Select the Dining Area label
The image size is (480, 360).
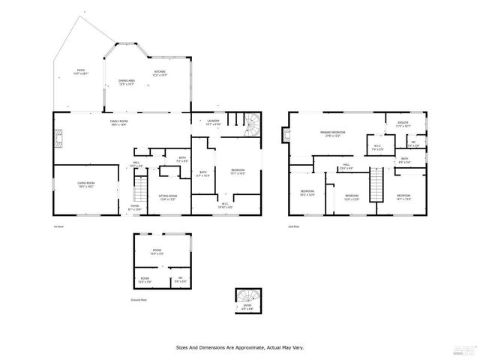pos(126,82)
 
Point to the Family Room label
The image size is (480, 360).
pos(120,123)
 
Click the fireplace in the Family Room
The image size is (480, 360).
pos(56,136)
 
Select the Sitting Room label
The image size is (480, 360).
pos(167,198)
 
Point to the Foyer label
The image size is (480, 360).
pos(135,207)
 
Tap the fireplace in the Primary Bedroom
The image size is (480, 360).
pos(286,136)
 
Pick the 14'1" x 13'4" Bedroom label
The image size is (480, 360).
pos(404,197)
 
